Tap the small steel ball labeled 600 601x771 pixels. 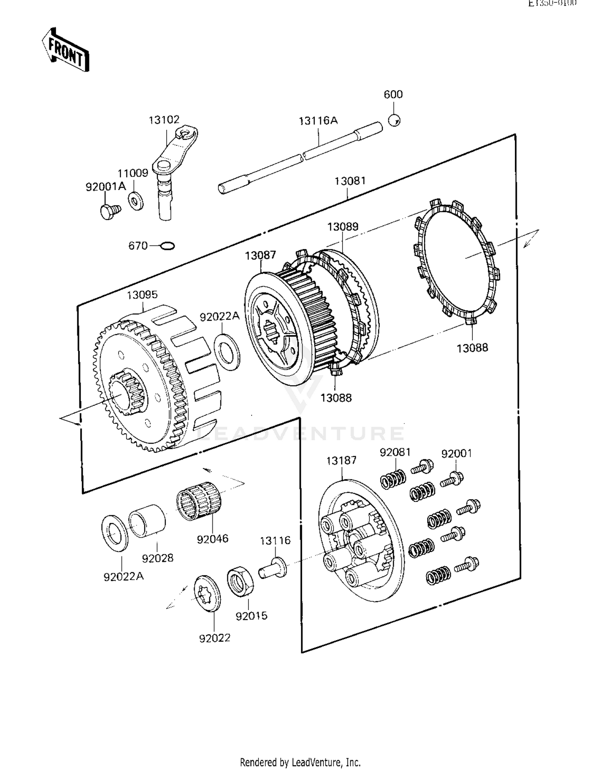tap(395, 120)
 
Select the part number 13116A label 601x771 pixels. tap(318, 120)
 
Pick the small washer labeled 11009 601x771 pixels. tap(136, 201)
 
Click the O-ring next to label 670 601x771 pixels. tap(167, 245)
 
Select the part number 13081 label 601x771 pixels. tap(350, 181)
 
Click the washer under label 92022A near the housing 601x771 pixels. tap(227, 347)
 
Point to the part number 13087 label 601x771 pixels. tap(260, 255)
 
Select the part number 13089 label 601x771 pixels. tap(343, 227)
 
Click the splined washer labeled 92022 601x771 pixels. tap(207, 594)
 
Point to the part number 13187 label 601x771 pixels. tap(341, 461)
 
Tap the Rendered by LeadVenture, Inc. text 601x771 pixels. tap(300, 762)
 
